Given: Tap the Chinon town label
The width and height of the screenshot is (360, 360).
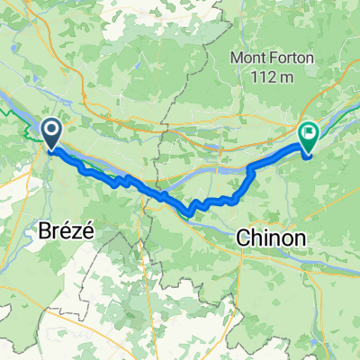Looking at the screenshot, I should (x=270, y=238).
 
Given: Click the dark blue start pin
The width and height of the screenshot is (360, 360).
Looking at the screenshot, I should (x=52, y=134).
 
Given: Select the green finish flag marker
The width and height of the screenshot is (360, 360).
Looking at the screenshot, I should (x=309, y=136).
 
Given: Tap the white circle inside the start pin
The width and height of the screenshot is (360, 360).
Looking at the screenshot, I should (x=52, y=131).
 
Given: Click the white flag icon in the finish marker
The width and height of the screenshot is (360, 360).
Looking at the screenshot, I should (x=309, y=133).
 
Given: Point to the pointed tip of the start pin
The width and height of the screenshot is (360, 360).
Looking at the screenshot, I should (x=52, y=149).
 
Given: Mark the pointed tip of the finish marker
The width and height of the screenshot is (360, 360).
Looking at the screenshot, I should (x=309, y=151).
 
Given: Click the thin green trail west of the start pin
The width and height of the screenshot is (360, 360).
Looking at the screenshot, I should (x=13, y=113).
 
